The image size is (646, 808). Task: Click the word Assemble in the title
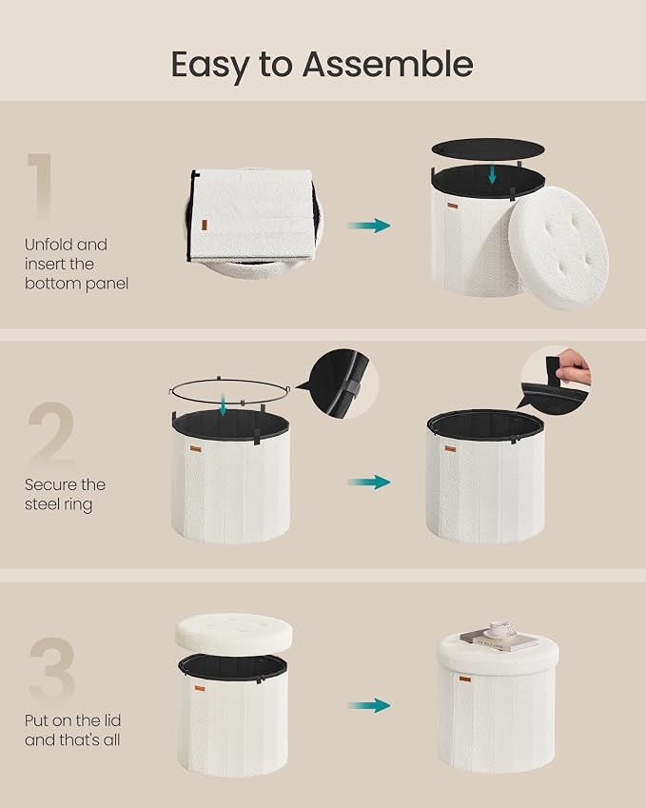coord(387,64)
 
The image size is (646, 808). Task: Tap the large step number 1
coord(41,186)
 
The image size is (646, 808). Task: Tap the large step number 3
coord(52,669)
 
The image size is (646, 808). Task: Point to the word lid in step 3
coord(111,719)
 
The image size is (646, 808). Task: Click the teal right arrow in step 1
coord(369,226)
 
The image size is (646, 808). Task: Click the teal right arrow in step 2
coord(369,483)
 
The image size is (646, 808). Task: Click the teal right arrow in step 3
coord(369,705)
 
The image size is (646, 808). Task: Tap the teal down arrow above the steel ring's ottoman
coord(223,405)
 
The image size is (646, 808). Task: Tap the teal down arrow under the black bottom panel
coord(493,173)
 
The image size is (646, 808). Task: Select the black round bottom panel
coord(488,148)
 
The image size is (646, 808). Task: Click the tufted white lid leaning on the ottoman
coord(558,247)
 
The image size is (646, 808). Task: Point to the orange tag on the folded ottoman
coord(205,226)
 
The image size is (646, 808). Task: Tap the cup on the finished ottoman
coord(499,629)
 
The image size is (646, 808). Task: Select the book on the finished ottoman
coord(499,640)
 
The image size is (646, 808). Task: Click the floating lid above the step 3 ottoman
coord(234,633)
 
